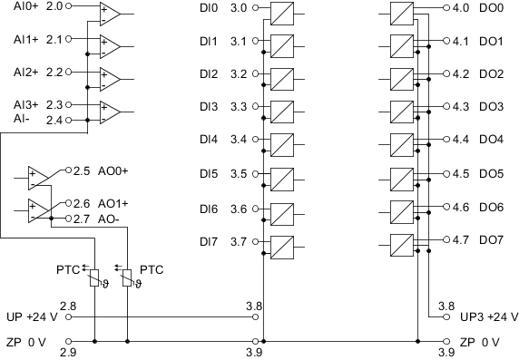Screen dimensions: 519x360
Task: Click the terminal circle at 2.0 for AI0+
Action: [69, 6]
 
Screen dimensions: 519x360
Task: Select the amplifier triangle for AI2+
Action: [110, 80]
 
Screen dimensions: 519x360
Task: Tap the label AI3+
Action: [25, 105]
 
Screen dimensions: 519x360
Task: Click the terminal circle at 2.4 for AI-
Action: [69, 120]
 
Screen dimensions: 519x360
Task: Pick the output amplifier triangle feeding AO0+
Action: [38, 178]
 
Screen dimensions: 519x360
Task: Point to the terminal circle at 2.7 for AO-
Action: [69, 219]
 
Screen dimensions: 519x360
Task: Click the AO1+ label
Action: [113, 203]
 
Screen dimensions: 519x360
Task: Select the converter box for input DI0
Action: [282, 14]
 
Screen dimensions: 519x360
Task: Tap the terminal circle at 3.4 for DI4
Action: [255, 140]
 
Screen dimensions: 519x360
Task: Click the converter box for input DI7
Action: [282, 248]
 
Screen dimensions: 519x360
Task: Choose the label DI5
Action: [209, 174]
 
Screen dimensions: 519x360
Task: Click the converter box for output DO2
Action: [402, 79]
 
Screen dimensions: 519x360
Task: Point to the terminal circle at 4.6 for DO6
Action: [446, 207]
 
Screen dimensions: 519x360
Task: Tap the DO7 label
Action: [491, 239]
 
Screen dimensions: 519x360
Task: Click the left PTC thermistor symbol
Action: [94, 278]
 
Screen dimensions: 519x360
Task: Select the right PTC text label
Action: [152, 269]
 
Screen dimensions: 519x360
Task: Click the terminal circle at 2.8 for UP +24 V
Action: [69, 317]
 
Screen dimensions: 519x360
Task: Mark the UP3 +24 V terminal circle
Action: [446, 317]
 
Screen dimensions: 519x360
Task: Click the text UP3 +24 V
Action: [489, 316]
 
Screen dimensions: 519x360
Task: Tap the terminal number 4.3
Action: [461, 106]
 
